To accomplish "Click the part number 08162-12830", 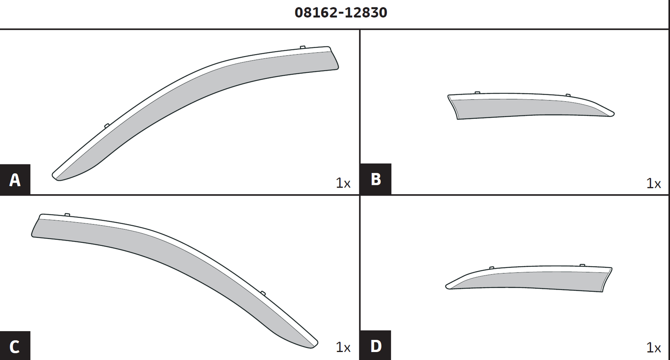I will click(341, 13).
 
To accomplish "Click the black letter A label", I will click(15, 180).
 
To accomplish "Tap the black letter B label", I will click(376, 179).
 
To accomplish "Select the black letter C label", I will click(15, 346).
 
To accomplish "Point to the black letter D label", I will click(376, 346).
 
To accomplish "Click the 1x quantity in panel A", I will click(343, 183).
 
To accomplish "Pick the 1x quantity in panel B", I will click(653, 183).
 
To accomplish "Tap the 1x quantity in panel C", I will click(343, 347).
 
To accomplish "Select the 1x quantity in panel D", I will click(653, 347).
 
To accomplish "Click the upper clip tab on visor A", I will click(303, 47).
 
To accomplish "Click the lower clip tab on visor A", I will click(107, 125).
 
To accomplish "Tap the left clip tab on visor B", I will click(477, 93).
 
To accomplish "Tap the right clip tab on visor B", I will click(568, 95).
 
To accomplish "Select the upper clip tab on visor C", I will click(67, 215).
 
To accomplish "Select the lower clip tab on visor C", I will click(263, 293).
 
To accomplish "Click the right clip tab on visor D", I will click(582, 265).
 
